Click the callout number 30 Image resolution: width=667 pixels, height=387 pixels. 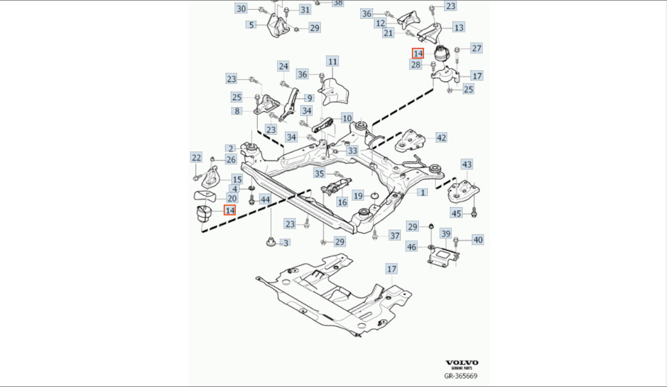[241, 9]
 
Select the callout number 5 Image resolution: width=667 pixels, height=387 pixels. [251, 25]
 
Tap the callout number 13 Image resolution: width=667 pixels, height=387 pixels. [459, 27]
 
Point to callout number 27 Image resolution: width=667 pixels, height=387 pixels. [477, 48]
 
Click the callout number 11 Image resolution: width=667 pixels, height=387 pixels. [333, 62]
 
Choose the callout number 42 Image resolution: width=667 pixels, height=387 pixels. [442, 137]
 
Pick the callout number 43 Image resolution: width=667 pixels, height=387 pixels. [467, 164]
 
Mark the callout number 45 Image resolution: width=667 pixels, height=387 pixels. [456, 213]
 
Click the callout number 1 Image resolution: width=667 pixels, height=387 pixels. [422, 192]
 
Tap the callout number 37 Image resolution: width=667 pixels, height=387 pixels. [395, 236]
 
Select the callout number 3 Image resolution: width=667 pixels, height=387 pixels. [285, 242]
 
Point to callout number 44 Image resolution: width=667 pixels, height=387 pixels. [265, 199]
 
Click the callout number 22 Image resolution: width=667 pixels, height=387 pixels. [196, 158]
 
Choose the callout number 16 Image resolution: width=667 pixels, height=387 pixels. [342, 201]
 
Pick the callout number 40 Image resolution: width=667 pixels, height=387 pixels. [478, 240]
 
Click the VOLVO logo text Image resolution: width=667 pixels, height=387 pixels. [461, 363]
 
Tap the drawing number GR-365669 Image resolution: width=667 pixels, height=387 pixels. [461, 377]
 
